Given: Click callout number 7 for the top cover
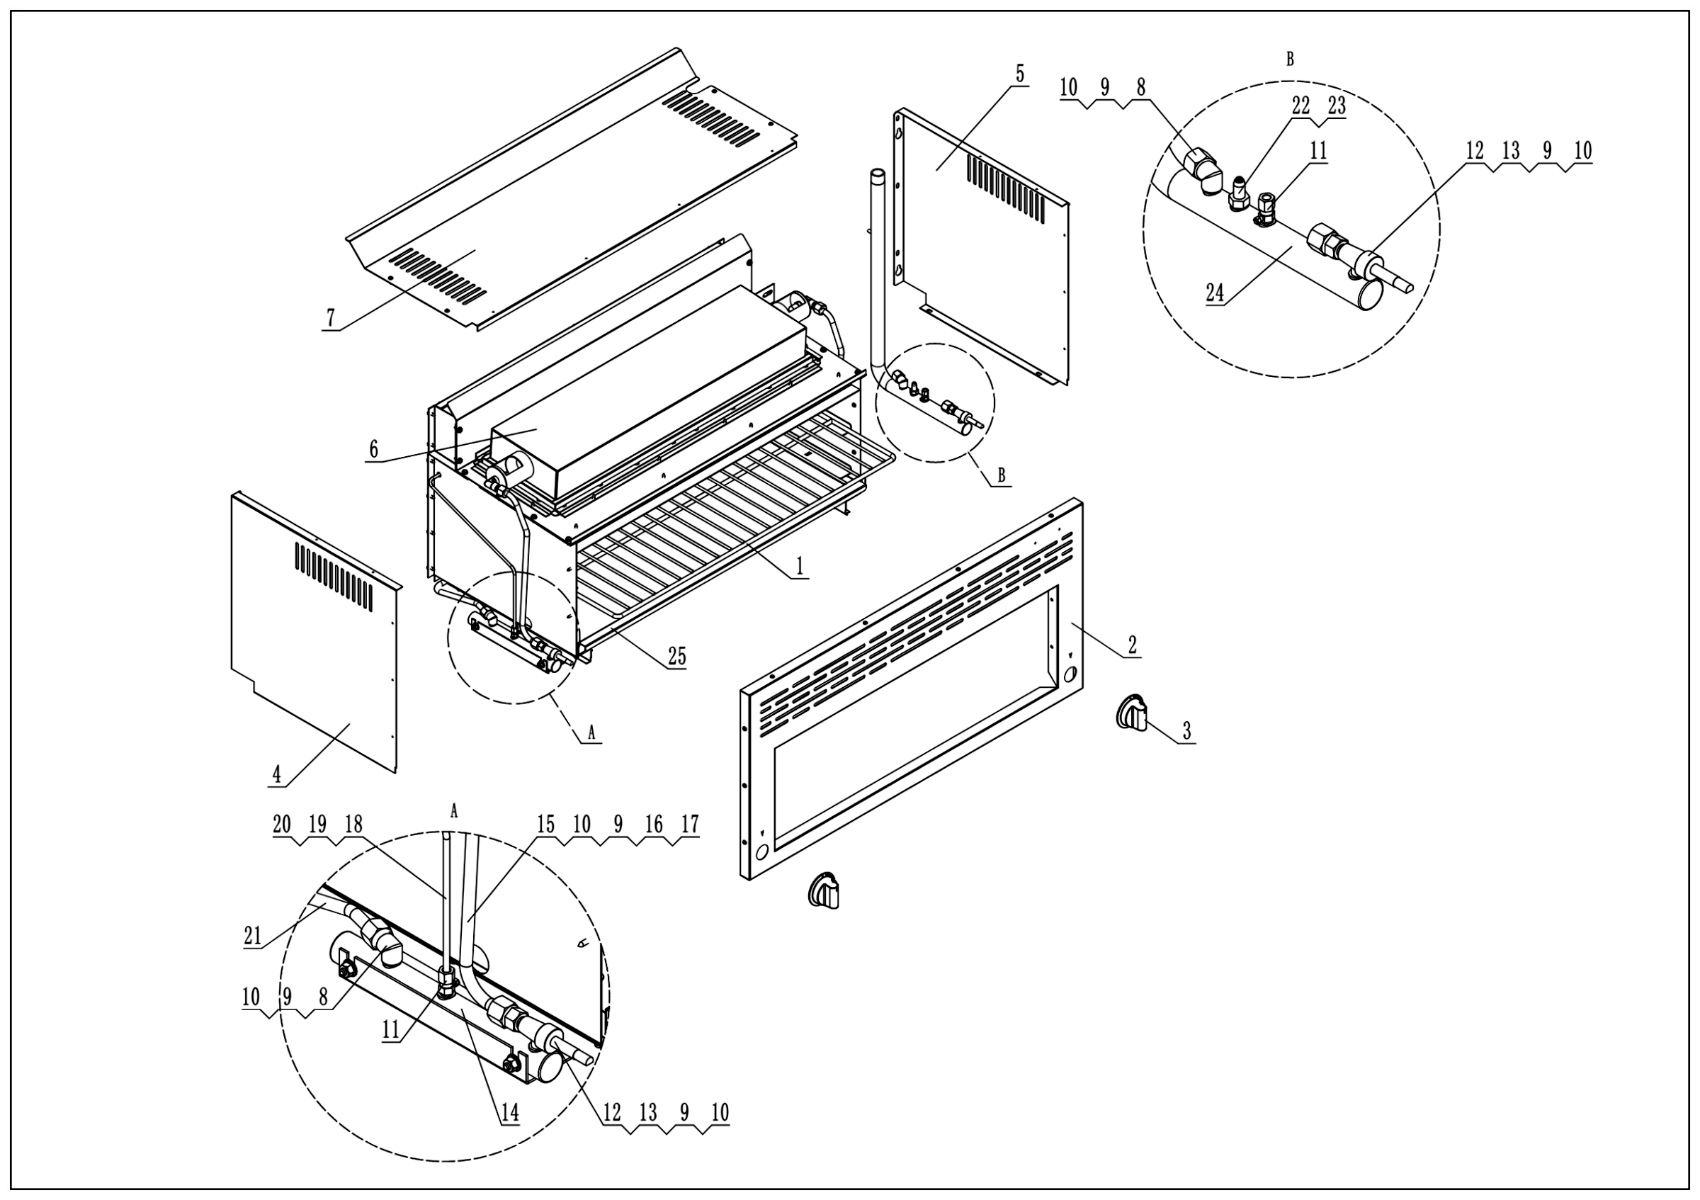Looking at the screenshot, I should coord(331,318).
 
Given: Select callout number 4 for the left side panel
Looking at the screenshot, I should coord(276,774).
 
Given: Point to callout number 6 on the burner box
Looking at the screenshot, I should coord(373,448).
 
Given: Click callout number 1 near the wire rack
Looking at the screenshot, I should coord(799,566).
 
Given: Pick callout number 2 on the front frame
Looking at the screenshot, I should coord(1132,644).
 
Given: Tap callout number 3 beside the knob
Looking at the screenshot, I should coord(1186,731).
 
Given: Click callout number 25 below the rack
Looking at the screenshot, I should coord(676,656).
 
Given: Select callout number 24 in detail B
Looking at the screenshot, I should coord(1215,293).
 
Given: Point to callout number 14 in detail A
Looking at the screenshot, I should coord(509,1112).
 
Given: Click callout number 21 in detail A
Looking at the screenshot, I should coord(252,936).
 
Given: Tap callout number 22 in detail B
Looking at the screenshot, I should coord(1301,106).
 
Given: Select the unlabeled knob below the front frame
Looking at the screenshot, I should coord(823,890).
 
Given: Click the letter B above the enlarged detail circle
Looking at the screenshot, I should coord(1290,60).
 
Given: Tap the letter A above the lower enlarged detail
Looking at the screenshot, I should coord(454,812).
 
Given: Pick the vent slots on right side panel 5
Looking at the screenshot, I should coord(1006,188).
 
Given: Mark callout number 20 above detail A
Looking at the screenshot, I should coord(281,825).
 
